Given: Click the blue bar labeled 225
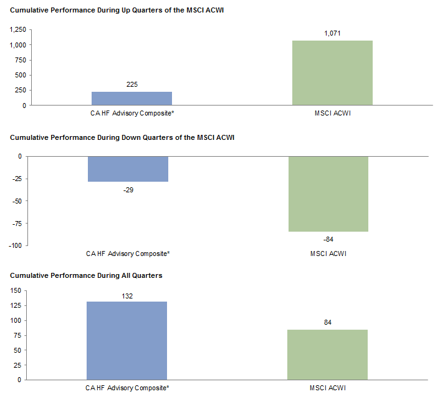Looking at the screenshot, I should pyautogui.click(x=131, y=99).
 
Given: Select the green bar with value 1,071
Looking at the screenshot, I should pyautogui.click(x=332, y=73).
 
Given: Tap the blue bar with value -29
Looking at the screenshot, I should pyautogui.click(x=128, y=169).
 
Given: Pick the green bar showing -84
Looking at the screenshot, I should pyautogui.click(x=328, y=194).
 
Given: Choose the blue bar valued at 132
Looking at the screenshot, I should pyautogui.click(x=127, y=340).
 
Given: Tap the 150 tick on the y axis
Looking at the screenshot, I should pyautogui.click(x=16, y=290).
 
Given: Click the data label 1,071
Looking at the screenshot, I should pyautogui.click(x=332, y=33).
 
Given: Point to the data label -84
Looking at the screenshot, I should pyautogui.click(x=328, y=239).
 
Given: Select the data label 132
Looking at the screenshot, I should pyautogui.click(x=127, y=295).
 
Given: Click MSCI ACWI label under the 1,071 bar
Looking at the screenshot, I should pyautogui.click(x=332, y=113).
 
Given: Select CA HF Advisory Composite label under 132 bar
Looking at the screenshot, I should pyautogui.click(x=127, y=388).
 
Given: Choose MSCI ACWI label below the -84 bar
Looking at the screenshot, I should pyautogui.click(x=328, y=254).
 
